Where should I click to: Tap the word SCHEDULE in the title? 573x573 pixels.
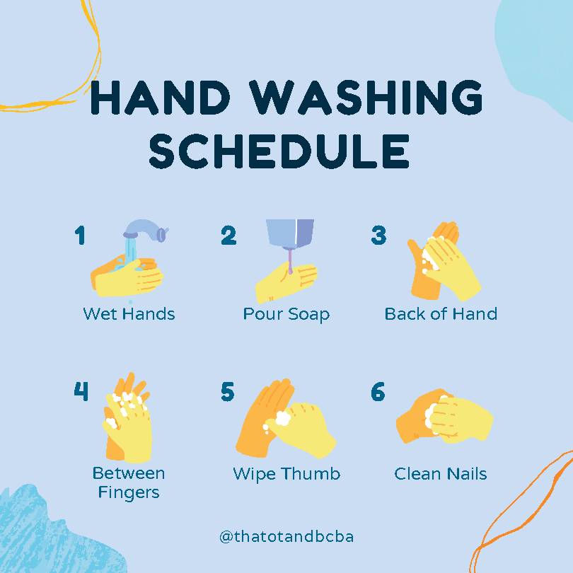[x=279, y=151]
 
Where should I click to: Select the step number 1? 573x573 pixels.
[x=80, y=236]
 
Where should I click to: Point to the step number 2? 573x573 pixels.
[x=228, y=236]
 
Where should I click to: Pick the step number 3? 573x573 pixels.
[x=378, y=236]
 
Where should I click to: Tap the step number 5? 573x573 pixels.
[x=228, y=391]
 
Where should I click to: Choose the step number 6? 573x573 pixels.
[x=378, y=391]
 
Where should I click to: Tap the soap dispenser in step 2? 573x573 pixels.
[x=289, y=233]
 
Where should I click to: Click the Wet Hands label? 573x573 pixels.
[x=129, y=313]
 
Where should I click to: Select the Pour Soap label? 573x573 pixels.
[x=286, y=313]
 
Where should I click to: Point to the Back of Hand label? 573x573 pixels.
[x=441, y=313]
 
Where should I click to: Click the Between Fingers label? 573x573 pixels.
[x=128, y=482]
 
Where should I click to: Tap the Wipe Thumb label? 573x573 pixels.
[x=286, y=473]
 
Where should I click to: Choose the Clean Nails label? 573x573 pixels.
[x=441, y=473]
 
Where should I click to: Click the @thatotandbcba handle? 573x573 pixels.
[x=286, y=536]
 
